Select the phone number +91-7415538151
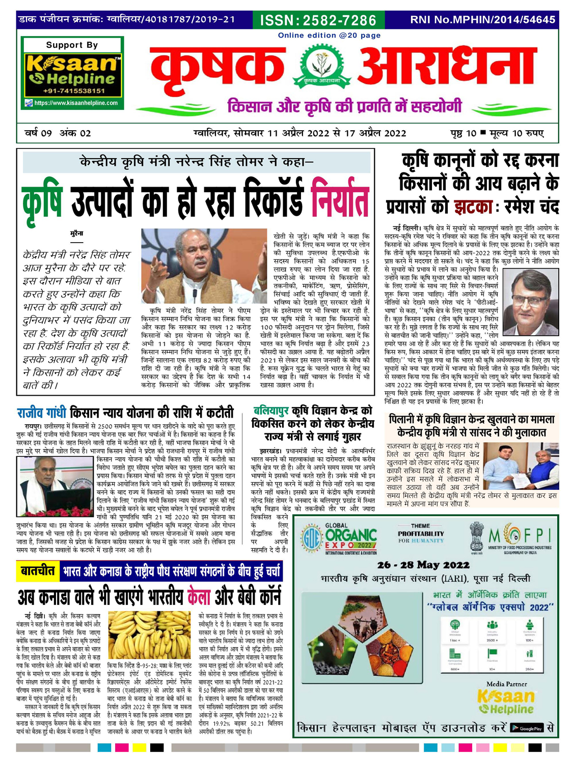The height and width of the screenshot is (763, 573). [74, 91]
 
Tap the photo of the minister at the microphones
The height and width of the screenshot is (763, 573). [204, 266]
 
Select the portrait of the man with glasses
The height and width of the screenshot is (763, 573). [530, 301]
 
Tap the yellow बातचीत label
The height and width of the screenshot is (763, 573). [38, 571]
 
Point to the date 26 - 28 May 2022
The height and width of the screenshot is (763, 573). [423, 565]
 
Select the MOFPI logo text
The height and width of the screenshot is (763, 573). [520, 535]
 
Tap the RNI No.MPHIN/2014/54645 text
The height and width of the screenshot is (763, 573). [482, 20]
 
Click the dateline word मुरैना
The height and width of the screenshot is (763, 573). [76, 233]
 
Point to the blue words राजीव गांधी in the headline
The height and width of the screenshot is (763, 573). [42, 412]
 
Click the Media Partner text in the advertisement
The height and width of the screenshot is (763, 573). [506, 684]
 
